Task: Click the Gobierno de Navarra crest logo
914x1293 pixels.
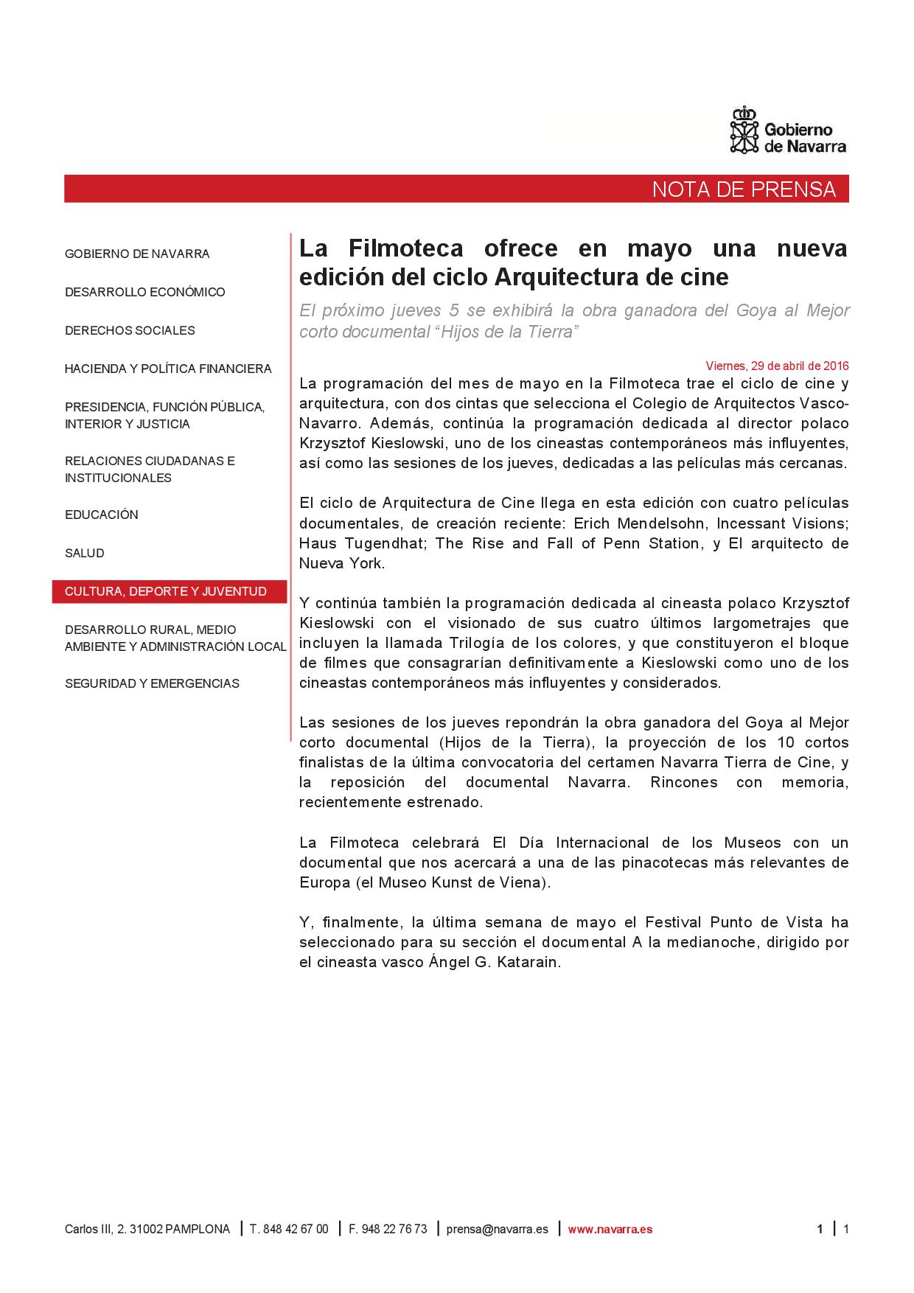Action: click(x=744, y=130)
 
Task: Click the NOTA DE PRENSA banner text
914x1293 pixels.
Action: click(x=744, y=189)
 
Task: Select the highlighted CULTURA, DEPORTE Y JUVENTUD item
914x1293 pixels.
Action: click(x=166, y=591)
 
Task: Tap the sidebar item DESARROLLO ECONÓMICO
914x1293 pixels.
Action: click(x=145, y=292)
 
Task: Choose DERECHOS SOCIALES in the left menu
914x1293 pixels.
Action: click(x=130, y=330)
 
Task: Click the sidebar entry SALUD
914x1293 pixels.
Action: click(x=85, y=553)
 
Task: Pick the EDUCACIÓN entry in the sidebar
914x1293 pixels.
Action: click(x=102, y=515)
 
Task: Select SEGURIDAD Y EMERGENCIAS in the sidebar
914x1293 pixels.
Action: click(x=152, y=683)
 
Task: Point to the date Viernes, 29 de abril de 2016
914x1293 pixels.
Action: click(x=777, y=366)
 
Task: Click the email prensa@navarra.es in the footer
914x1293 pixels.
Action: click(x=497, y=1229)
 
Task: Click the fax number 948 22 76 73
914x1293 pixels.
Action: click(x=394, y=1229)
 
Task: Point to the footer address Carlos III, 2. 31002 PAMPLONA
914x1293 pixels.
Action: click(x=147, y=1229)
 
